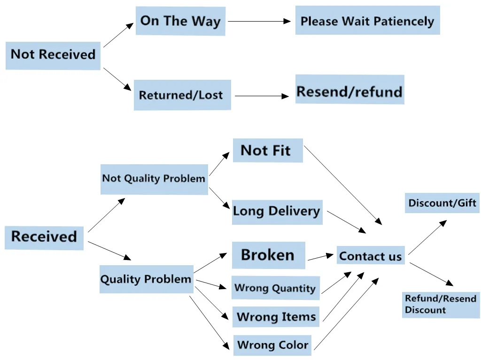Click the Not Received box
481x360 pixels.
pyautogui.click(x=53, y=55)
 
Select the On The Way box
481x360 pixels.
pyautogui.click(x=181, y=21)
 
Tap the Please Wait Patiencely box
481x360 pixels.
pyautogui.click(x=367, y=20)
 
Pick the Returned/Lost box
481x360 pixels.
pyautogui.click(x=182, y=95)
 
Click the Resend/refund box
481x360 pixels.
pyautogui.click(x=349, y=90)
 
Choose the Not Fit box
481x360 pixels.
pyautogui.click(x=268, y=150)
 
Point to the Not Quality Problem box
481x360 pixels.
pyautogui.click(x=154, y=179)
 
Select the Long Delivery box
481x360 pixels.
pyautogui.click(x=277, y=212)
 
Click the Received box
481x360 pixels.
pyautogui.click(x=44, y=238)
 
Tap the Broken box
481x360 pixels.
pyautogui.click(x=268, y=255)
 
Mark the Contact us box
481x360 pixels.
pyautogui.click(x=371, y=255)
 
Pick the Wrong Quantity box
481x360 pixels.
pyautogui.click(x=275, y=288)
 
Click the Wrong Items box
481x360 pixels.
pyautogui.click(x=276, y=316)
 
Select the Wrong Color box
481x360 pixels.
pyautogui.click(x=272, y=345)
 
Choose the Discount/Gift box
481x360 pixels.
pyautogui.click(x=442, y=203)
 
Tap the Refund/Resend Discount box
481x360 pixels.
pyautogui.click(x=441, y=305)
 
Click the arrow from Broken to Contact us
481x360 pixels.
pyautogui.click(x=320, y=257)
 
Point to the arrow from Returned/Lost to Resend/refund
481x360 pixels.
pyautogui.click(x=262, y=96)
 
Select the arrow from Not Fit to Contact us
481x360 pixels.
pyautogui.click(x=343, y=185)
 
